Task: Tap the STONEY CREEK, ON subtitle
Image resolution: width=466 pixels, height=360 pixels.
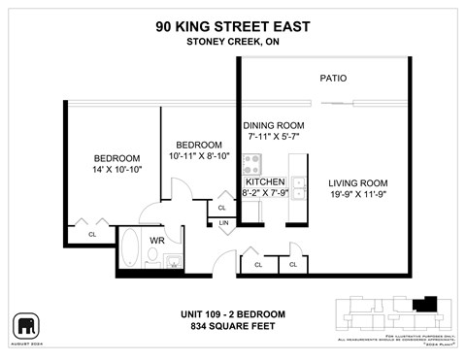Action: click(232, 42)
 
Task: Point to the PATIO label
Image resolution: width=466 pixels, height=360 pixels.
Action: click(335, 79)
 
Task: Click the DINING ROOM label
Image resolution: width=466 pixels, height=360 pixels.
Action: click(273, 125)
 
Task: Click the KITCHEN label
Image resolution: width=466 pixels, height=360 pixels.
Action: click(265, 181)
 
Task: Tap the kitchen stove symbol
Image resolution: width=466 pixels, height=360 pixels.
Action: click(253, 163)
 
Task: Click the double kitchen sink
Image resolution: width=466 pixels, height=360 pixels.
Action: click(299, 186)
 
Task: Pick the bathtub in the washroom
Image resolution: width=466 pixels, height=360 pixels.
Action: click(130, 248)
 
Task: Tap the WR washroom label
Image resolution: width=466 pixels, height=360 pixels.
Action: click(156, 239)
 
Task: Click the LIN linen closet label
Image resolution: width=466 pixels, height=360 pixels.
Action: click(223, 224)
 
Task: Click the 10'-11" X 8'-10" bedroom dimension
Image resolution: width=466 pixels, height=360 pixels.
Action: click(198, 155)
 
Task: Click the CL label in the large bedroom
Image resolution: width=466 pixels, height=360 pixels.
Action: click(92, 234)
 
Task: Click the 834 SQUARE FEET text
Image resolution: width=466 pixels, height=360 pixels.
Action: click(232, 326)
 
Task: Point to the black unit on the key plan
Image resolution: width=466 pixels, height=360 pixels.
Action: click(423, 305)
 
